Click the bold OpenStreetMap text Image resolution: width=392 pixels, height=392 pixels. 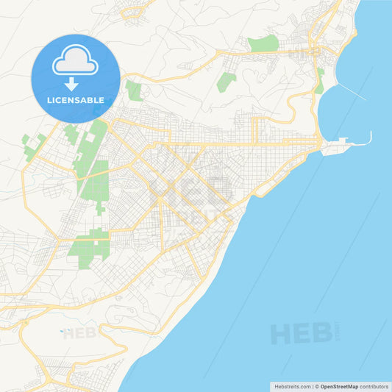339,386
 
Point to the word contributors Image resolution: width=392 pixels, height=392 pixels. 374,386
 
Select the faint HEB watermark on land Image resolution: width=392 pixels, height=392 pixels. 79,333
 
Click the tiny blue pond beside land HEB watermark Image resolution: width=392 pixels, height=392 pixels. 62,330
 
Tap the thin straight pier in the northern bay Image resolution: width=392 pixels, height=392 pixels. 354,91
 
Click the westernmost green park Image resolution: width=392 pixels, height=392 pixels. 30,146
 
